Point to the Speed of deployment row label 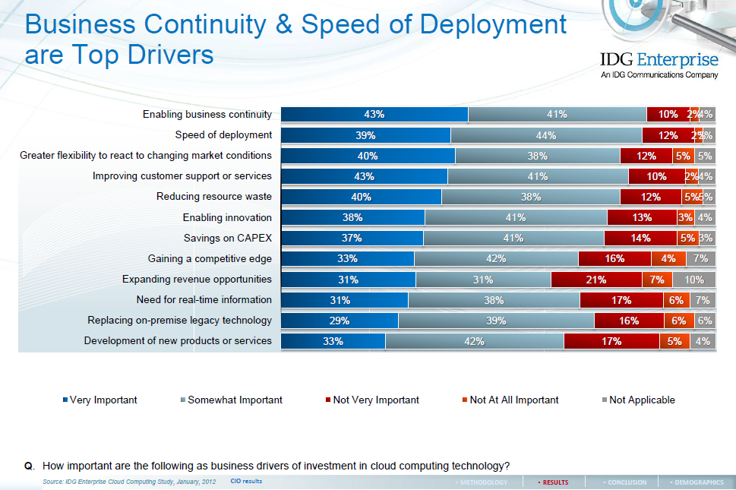pyautogui.click(x=223, y=135)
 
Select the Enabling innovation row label pyautogui.click(x=227, y=217)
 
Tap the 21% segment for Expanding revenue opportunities pyautogui.click(x=596, y=280)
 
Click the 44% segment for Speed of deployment pyautogui.click(x=546, y=135)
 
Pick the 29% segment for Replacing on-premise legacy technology pyautogui.click(x=340, y=321)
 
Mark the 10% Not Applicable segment pyautogui.click(x=693, y=280)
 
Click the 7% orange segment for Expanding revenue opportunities pyautogui.click(x=657, y=280)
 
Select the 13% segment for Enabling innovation pyautogui.click(x=641, y=217)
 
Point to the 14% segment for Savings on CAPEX pyautogui.click(x=640, y=238)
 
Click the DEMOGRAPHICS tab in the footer pyautogui.click(x=697, y=482)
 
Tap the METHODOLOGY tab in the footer pyautogui.click(x=483, y=482)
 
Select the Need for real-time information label pyautogui.click(x=204, y=299)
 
